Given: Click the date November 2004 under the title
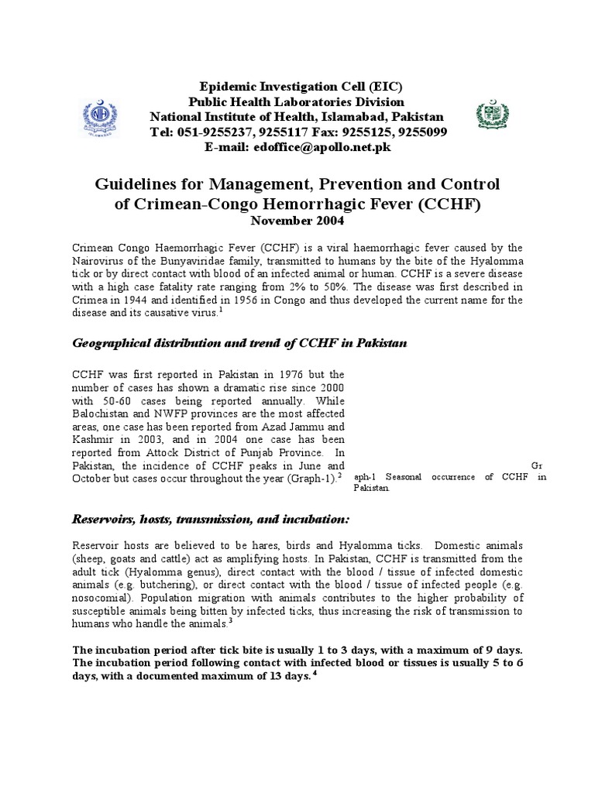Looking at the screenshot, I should (x=297, y=220).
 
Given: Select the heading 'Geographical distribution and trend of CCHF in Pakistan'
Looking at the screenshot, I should (x=239, y=343).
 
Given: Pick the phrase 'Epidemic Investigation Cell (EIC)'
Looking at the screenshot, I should (x=297, y=87).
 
